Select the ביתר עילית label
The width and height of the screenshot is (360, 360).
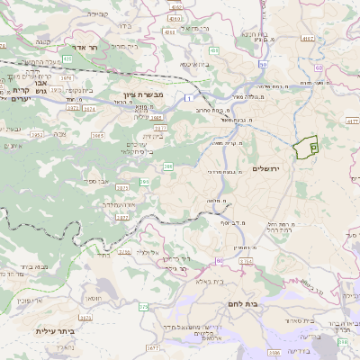pyautogui.click(x=53, y=331)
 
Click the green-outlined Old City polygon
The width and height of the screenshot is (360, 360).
pyautogui.click(x=307, y=147)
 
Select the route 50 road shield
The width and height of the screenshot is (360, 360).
pyautogui.click(x=263, y=64)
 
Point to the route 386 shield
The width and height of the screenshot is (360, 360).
pyautogui.click(x=167, y=166)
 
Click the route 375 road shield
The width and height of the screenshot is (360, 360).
pyautogui.click(x=141, y=307)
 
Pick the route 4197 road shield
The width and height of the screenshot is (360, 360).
pyautogui.click(x=309, y=39)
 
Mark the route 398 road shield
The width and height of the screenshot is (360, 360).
pyautogui.click(x=342, y=341)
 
